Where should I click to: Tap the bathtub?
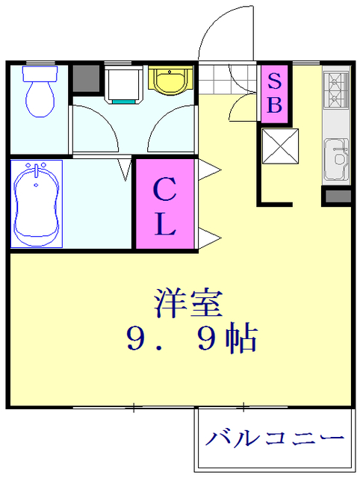point(35,202)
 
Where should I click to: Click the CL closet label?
point(164,204)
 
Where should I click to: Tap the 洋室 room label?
point(187,304)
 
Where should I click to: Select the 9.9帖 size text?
point(191,340)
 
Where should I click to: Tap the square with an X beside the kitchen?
point(280,146)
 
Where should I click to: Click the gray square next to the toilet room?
point(86,78)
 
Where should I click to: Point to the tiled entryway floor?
point(217,77)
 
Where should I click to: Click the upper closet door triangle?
point(205,171)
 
